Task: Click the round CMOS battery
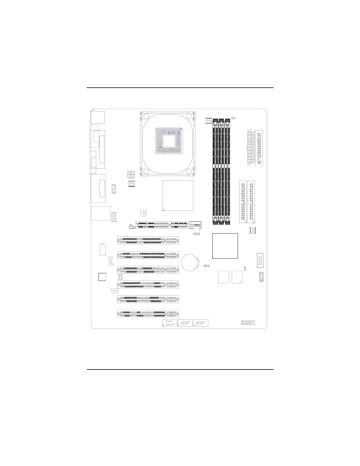pyautogui.click(x=190, y=262)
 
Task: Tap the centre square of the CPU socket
pyautogui.click(x=169, y=141)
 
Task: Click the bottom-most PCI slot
pyautogui.click(x=148, y=314)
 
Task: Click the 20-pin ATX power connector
pyautogui.click(x=250, y=149)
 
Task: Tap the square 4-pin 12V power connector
pyautogui.click(x=131, y=174)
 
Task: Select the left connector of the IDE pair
pyautogui.click(x=243, y=202)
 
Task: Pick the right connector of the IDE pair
pyautogui.click(x=251, y=202)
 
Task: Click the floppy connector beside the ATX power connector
pyautogui.click(x=259, y=148)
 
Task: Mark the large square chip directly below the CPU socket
pyautogui.click(x=178, y=196)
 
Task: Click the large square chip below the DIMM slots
pyautogui.click(x=225, y=246)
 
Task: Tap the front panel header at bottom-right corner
pyautogui.click(x=248, y=322)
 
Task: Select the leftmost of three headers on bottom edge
pyautogui.click(x=170, y=323)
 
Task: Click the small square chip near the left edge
pyautogui.click(x=102, y=277)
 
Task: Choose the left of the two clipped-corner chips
pyautogui.click(x=224, y=277)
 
